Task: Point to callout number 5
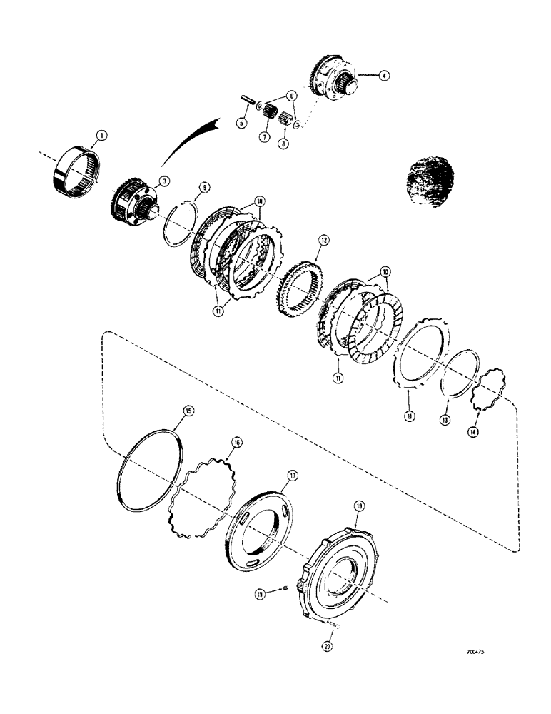(x=241, y=123)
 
